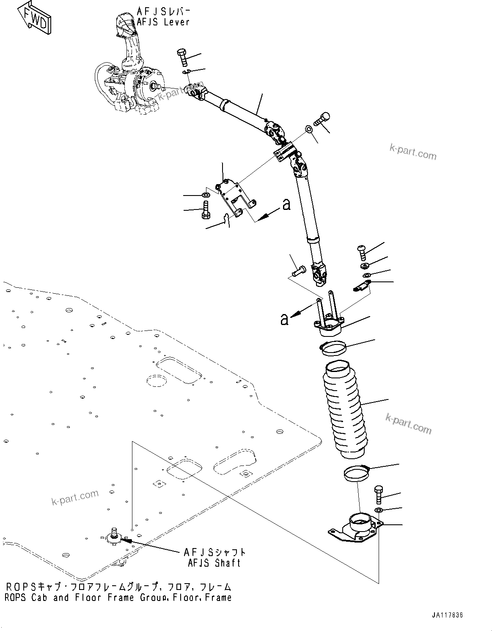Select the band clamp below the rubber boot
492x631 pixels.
pyautogui.click(x=355, y=473)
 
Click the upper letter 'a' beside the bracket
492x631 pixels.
pyautogui.click(x=286, y=205)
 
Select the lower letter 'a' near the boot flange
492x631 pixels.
pyautogui.click(x=284, y=319)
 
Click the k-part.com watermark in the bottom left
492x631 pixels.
pyautogui.click(x=75, y=497)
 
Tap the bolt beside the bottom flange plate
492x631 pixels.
pyautogui.click(x=379, y=495)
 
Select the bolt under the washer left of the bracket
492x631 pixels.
pyautogui.click(x=205, y=209)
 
